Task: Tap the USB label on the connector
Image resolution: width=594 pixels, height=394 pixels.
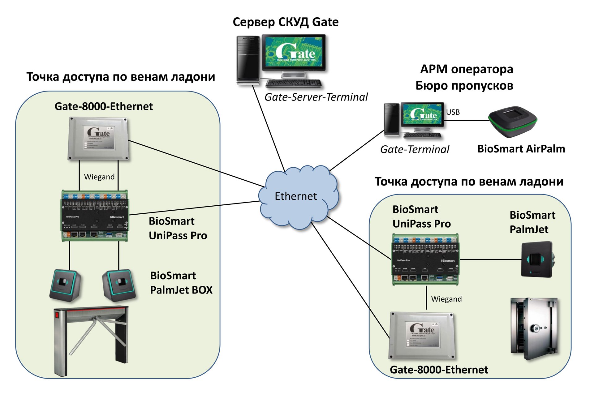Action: [x=453, y=112]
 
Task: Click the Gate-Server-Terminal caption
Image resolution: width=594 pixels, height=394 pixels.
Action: [x=316, y=97]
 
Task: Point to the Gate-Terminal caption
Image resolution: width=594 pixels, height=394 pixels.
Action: [x=415, y=149]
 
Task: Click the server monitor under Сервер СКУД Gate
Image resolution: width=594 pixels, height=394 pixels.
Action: [x=294, y=53]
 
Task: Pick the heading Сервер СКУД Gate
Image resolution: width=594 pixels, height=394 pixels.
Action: [x=286, y=22]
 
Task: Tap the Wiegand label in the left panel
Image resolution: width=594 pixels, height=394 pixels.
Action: [x=99, y=177]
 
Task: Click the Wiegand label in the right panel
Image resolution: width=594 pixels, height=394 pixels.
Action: [x=446, y=299]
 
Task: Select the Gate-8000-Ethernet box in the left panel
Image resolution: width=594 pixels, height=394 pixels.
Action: [x=98, y=139]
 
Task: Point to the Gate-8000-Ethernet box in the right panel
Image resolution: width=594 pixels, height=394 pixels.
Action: [x=422, y=335]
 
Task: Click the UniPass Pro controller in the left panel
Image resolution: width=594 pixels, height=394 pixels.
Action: [x=95, y=216]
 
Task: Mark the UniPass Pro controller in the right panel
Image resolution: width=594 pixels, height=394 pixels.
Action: [x=425, y=259]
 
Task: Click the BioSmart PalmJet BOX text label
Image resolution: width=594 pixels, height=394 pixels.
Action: [x=181, y=283]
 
